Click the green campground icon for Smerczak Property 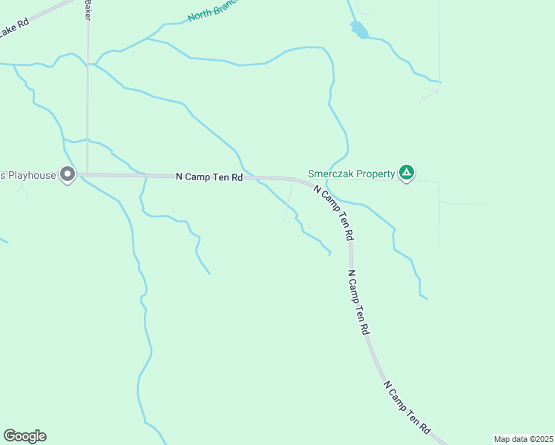pyautogui.click(x=406, y=174)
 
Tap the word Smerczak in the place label pyautogui.click(x=331, y=174)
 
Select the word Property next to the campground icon pyautogui.click(x=375, y=174)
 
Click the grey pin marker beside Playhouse pyautogui.click(x=68, y=175)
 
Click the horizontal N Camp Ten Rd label pyautogui.click(x=209, y=177)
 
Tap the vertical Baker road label pyautogui.click(x=88, y=10)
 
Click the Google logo pyautogui.click(x=24, y=436)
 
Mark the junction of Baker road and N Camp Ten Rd pyautogui.click(x=88, y=175)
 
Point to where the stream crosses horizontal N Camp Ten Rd pyautogui.click(x=252, y=177)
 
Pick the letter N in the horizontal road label pyautogui.click(x=179, y=177)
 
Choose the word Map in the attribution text pyautogui.click(x=502, y=439)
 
